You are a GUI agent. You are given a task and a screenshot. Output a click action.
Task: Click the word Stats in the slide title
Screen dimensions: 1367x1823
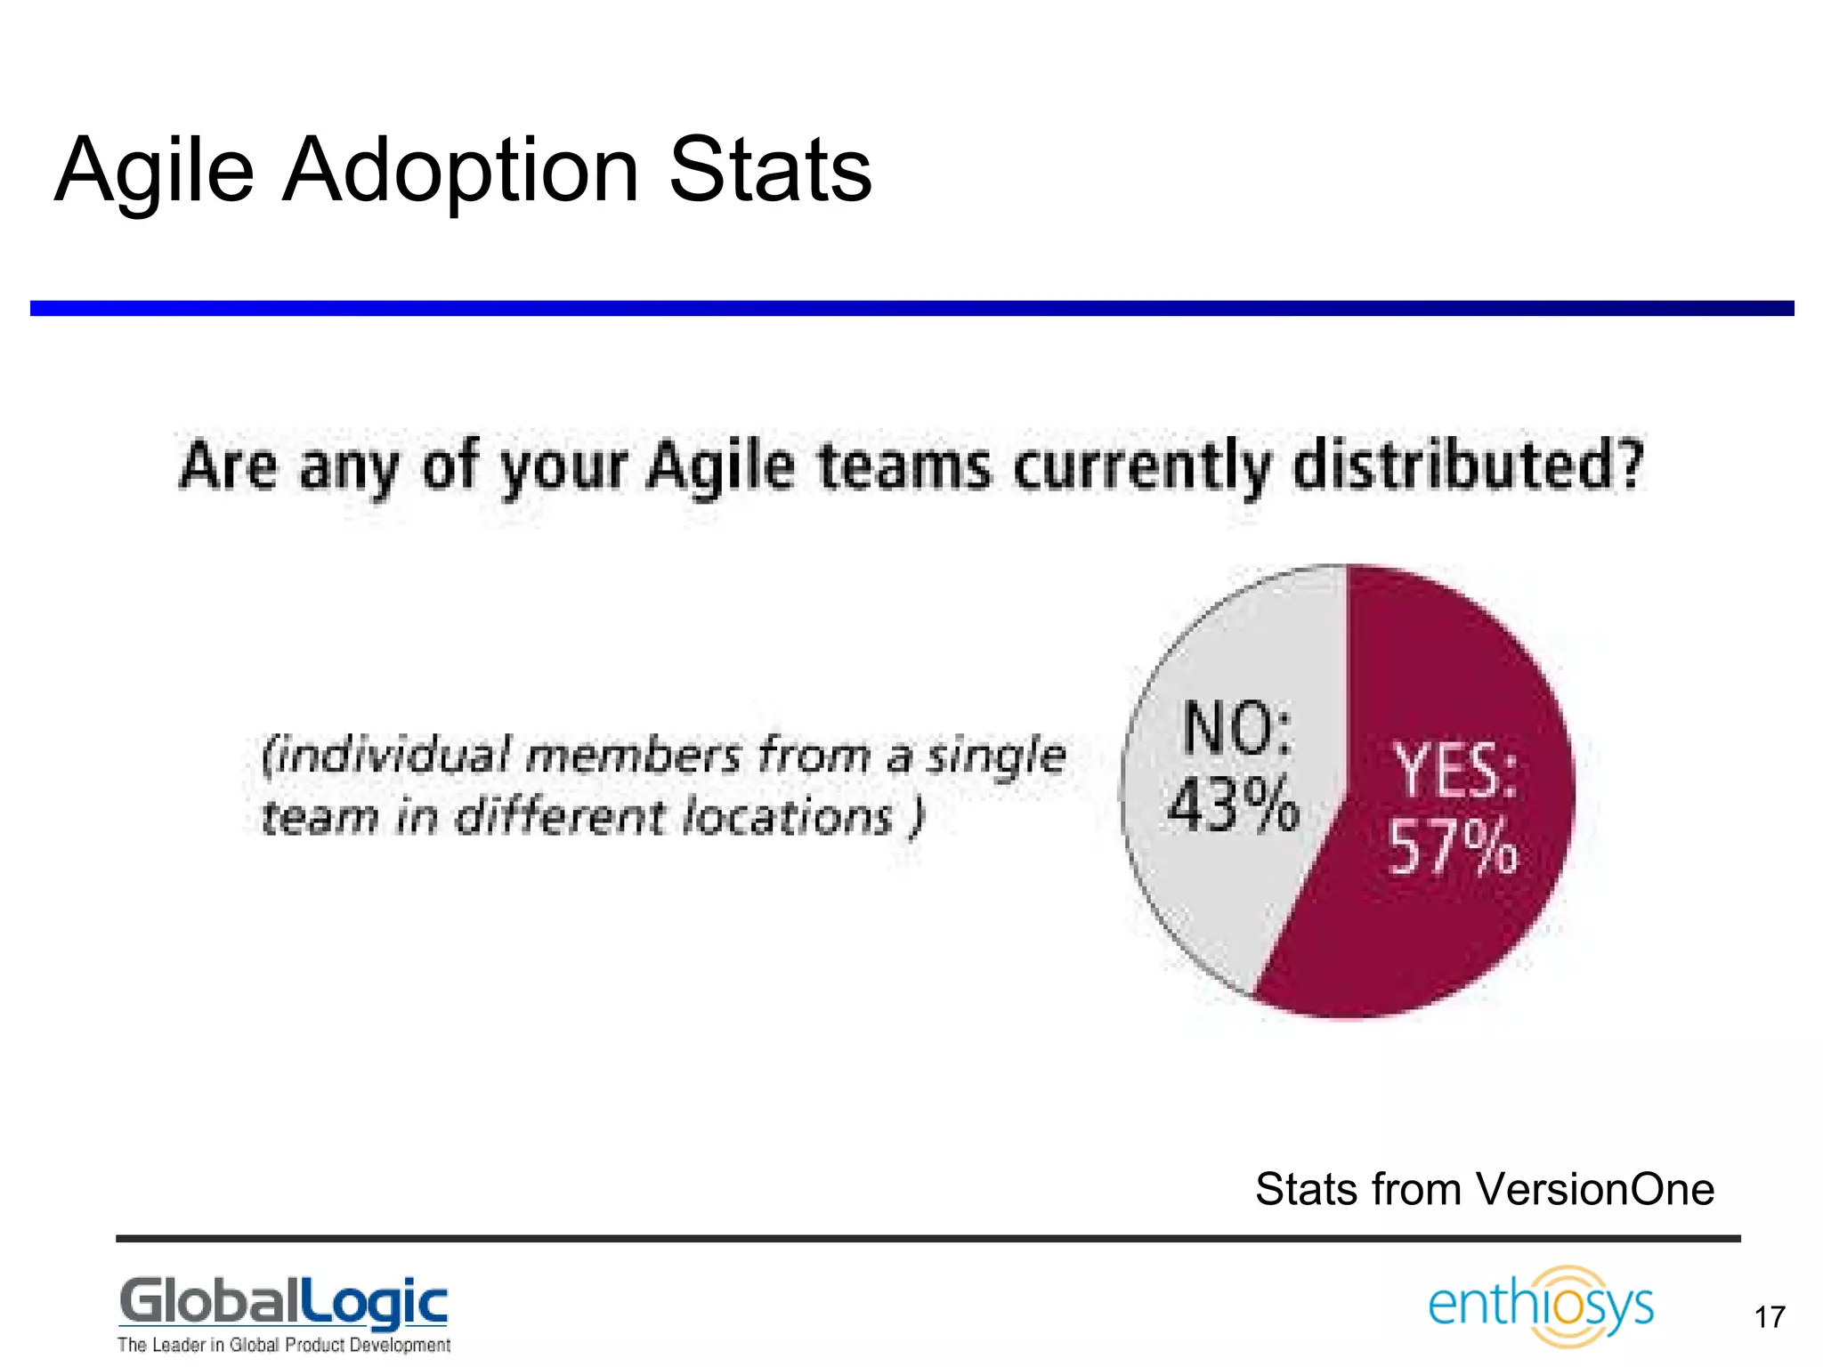[x=770, y=171]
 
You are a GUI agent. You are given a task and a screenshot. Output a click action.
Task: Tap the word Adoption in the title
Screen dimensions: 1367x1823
[x=460, y=171]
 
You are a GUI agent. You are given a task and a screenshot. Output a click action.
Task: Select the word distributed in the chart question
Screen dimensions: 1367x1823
[x=1467, y=467]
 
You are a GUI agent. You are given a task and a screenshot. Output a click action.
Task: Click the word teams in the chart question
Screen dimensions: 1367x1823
[x=904, y=467]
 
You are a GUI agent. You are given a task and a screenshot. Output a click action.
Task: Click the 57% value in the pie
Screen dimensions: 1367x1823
[x=1453, y=847]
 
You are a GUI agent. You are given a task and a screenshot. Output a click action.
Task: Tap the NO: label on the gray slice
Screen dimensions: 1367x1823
[x=1237, y=728]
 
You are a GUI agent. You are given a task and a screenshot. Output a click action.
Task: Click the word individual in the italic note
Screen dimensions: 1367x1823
[x=385, y=756]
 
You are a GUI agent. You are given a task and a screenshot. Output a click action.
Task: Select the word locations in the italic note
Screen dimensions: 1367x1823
[x=788, y=817]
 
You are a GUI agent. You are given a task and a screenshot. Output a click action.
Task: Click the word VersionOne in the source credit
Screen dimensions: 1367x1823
[x=1594, y=1189]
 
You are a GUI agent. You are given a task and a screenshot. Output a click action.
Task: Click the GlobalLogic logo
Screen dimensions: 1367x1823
[x=283, y=1303]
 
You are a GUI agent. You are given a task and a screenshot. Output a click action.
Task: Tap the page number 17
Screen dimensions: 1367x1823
[x=1770, y=1317]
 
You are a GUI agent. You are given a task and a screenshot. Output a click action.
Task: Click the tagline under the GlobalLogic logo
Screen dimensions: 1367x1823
[x=283, y=1345]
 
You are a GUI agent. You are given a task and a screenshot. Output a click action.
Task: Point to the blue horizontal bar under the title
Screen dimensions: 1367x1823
[x=911, y=308]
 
